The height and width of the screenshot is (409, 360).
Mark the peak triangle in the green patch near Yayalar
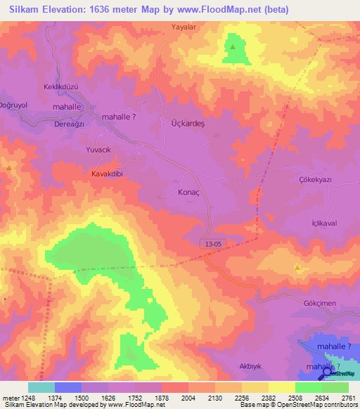[x=233, y=47]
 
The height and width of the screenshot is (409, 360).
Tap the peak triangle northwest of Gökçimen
[x=298, y=268]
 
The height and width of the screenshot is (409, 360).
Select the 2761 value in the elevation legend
[x=349, y=398]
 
